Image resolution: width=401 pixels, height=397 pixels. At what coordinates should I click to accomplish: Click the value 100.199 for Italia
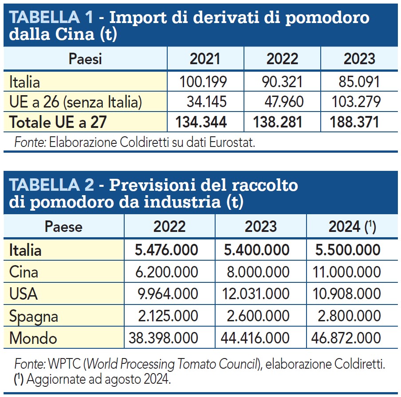point(203,82)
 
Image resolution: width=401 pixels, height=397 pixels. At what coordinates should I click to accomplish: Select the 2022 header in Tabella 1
point(282,59)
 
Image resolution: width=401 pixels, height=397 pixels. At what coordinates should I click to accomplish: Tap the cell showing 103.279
point(356,102)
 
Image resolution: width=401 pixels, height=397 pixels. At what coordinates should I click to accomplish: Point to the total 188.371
point(355,122)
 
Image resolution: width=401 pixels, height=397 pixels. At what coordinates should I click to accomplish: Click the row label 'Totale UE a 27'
point(58,122)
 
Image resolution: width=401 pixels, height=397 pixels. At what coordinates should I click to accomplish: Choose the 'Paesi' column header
point(85,59)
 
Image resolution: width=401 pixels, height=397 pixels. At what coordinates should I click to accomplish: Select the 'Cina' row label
point(24,272)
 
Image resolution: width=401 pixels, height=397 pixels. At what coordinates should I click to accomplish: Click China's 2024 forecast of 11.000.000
point(349,272)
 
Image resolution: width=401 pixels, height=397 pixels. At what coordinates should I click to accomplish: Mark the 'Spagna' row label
point(34,316)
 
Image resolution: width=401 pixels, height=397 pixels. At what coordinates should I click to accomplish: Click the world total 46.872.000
point(349,339)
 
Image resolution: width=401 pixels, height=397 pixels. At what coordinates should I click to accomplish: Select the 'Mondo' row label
point(33,339)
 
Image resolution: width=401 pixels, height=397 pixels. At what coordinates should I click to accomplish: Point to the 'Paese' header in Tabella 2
point(63,227)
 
